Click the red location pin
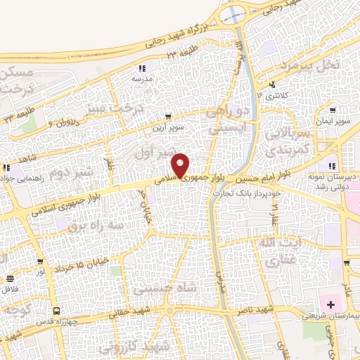coord(181,165)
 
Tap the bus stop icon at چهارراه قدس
coord(55,311)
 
